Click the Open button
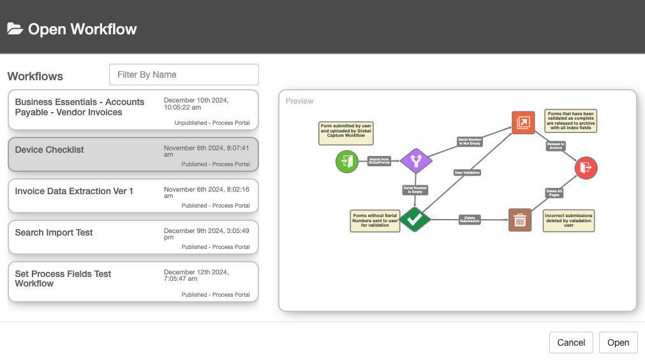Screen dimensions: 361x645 click(618, 343)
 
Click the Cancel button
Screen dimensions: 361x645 click(571, 343)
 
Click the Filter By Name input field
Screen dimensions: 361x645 click(184, 74)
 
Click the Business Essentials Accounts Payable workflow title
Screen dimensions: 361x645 click(80, 107)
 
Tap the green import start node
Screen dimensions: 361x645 click(347, 161)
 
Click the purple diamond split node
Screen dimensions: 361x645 click(416, 161)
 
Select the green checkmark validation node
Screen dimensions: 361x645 click(415, 220)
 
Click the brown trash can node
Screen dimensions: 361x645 click(520, 220)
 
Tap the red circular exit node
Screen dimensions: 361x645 click(586, 167)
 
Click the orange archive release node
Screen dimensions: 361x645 click(523, 123)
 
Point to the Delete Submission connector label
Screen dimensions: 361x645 click(470, 220)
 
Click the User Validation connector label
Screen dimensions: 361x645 click(467, 173)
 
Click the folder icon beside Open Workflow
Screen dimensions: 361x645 click(15, 29)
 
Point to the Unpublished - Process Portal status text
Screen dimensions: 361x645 click(212, 123)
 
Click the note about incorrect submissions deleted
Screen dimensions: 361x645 click(568, 220)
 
